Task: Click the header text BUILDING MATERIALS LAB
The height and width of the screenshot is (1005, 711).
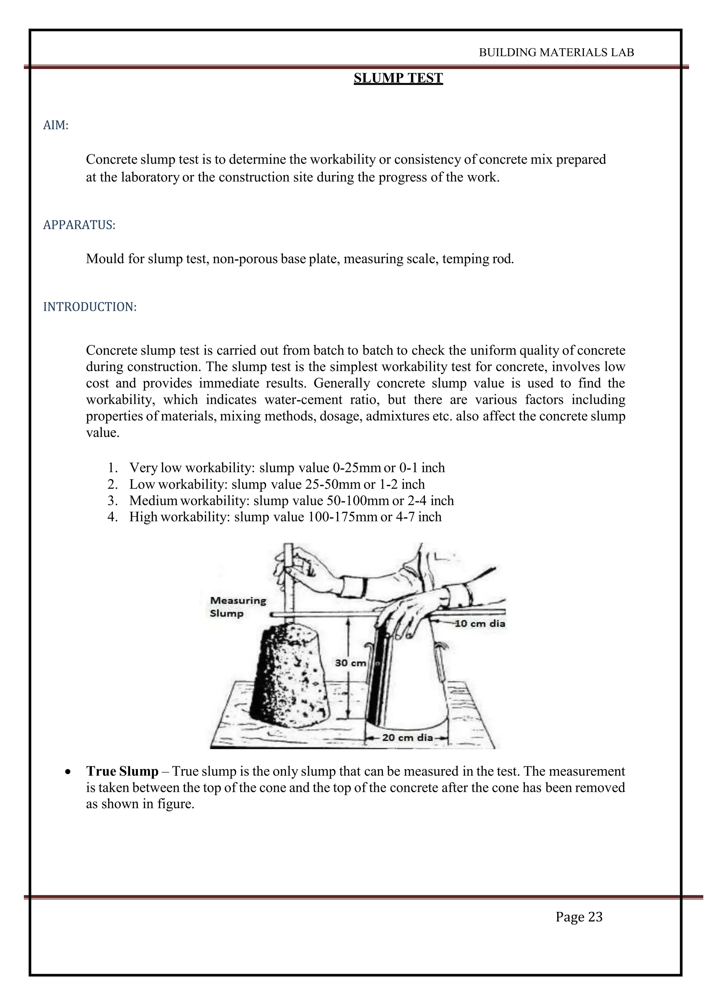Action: coord(556,52)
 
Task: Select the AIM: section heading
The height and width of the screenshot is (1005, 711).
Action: coord(56,126)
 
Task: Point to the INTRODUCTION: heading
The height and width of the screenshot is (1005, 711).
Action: coord(90,307)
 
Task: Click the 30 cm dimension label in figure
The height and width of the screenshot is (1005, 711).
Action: coord(350,663)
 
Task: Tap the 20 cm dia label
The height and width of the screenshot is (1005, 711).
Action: coord(407,737)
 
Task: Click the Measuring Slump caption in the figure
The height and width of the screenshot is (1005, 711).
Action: coord(237,607)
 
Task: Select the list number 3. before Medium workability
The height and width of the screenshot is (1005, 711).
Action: coord(112,501)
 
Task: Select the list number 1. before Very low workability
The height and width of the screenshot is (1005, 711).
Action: coord(112,468)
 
